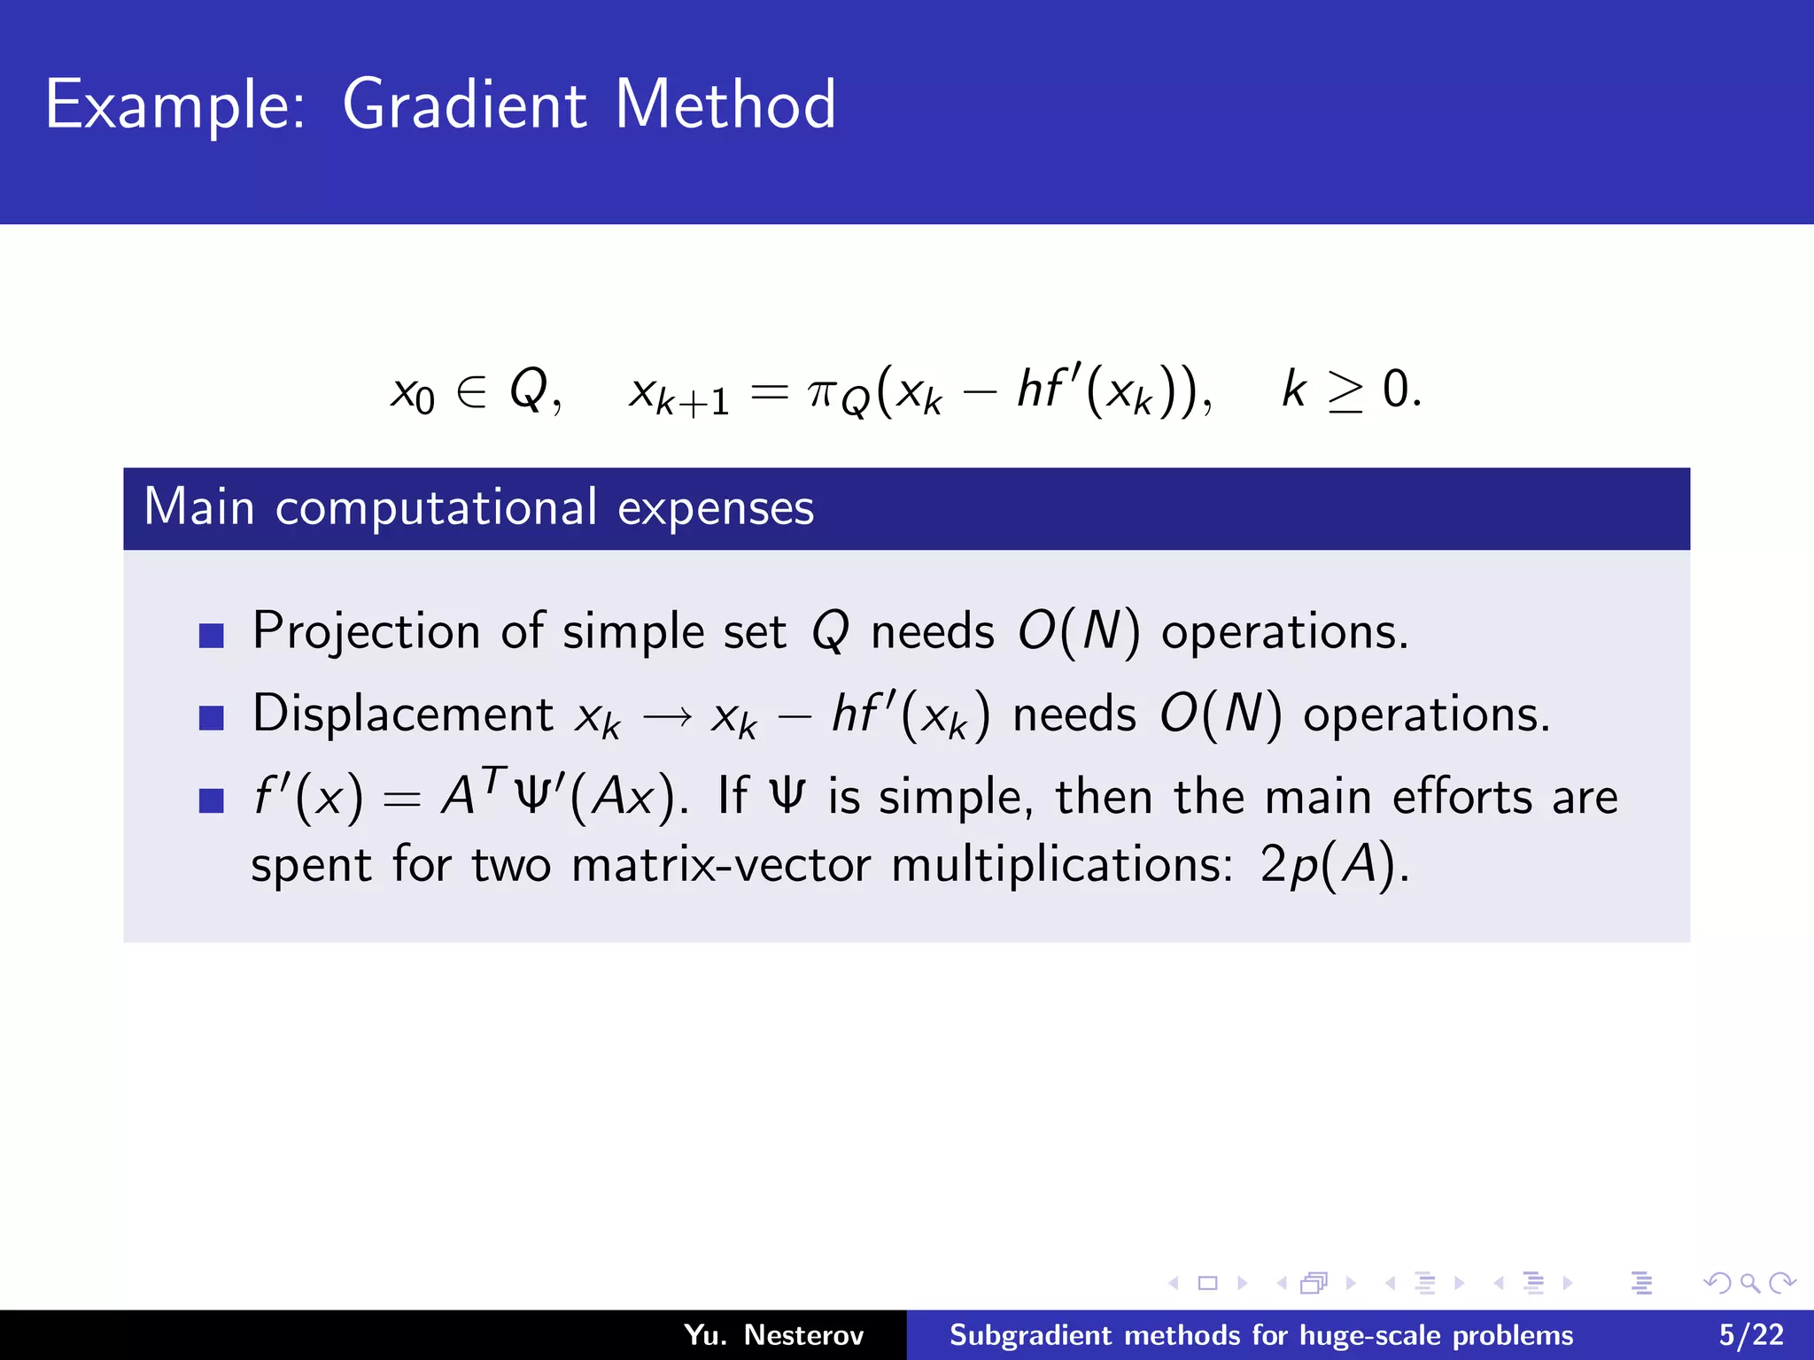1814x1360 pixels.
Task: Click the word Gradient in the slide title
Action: point(463,104)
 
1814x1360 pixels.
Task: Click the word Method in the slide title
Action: point(725,104)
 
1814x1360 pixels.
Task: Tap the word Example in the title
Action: point(174,106)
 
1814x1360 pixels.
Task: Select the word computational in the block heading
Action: point(436,508)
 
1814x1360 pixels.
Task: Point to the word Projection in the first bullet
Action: point(366,632)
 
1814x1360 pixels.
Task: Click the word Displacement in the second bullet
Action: point(403,714)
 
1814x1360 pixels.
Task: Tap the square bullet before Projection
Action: point(211,635)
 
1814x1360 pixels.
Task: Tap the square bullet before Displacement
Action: point(211,717)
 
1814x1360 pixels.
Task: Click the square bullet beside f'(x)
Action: point(211,800)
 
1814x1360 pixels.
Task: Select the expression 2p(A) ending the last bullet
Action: point(1332,865)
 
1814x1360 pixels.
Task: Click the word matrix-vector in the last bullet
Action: point(721,865)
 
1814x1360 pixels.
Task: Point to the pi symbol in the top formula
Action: point(821,391)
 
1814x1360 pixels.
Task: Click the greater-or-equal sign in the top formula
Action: point(1345,391)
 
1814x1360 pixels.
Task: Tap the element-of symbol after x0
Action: point(471,391)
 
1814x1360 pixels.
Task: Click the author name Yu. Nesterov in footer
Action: point(773,1334)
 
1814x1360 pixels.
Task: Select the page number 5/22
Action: point(1750,1334)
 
